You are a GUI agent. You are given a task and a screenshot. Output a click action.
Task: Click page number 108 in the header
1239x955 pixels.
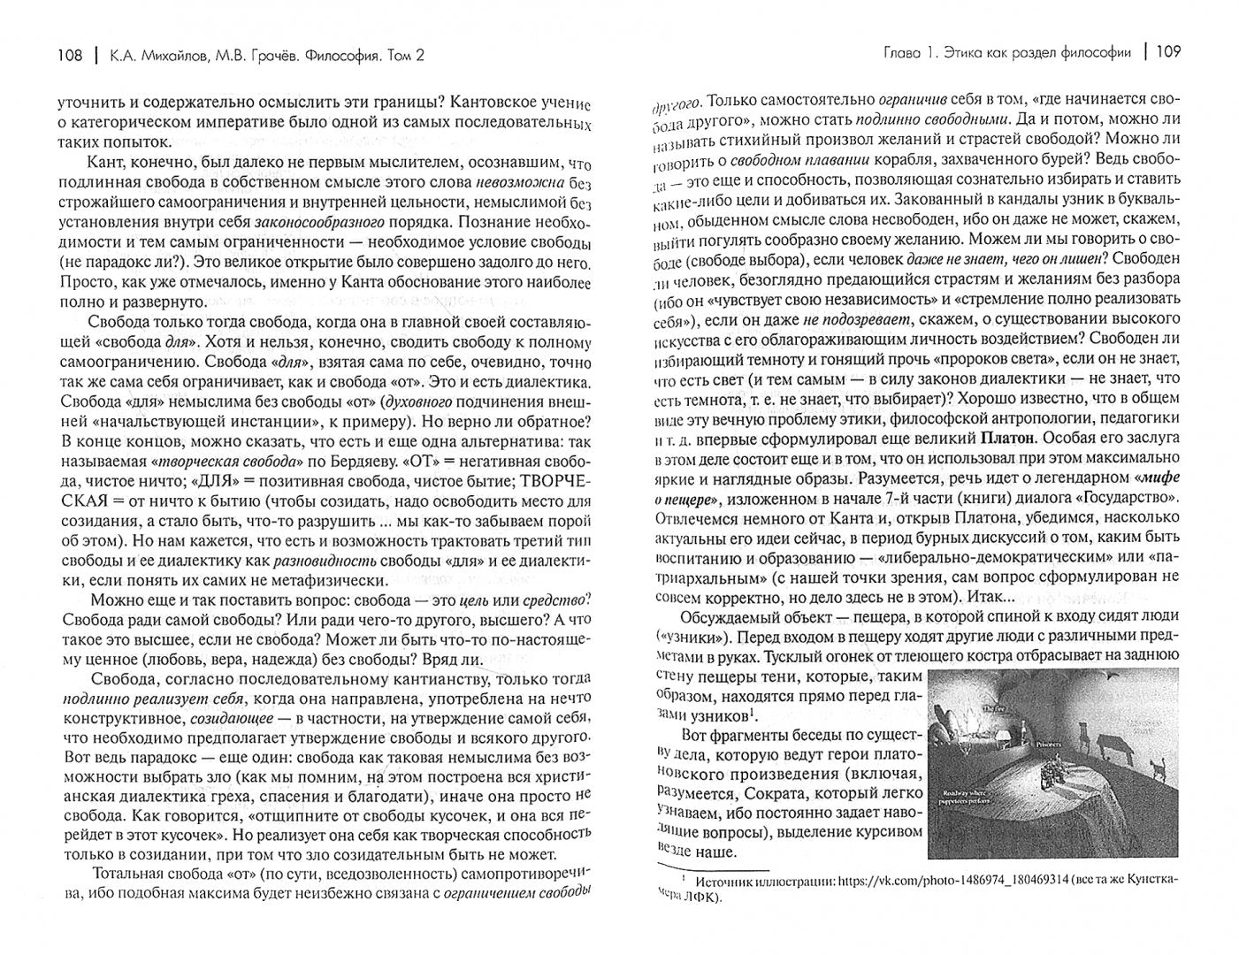point(69,56)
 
